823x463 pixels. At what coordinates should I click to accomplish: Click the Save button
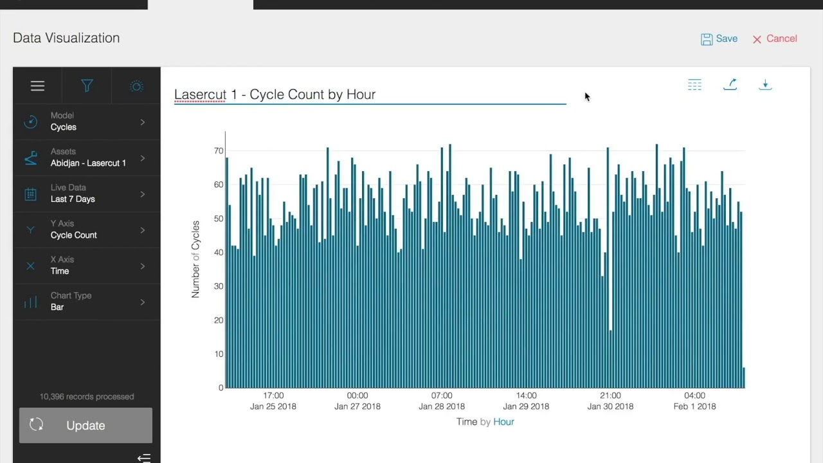[719, 39]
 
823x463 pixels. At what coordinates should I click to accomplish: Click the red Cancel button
[775, 39]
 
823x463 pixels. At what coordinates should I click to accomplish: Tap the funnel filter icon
[87, 86]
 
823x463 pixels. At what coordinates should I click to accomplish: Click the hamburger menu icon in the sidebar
[37, 86]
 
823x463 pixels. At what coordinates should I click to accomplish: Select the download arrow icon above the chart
[765, 84]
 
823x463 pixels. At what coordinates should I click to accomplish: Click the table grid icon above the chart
[694, 84]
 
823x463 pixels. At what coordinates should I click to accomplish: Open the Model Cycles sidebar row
[87, 122]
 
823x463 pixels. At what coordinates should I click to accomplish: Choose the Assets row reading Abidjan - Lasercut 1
[87, 158]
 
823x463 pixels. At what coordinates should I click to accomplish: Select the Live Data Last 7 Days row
[87, 194]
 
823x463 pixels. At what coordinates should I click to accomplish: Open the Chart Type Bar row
[87, 302]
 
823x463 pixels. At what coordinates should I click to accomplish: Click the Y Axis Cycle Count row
[87, 230]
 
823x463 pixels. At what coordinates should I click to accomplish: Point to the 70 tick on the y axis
[219, 151]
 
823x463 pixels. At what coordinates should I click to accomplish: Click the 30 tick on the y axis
[219, 286]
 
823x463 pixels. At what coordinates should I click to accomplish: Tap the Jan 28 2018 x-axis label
[442, 406]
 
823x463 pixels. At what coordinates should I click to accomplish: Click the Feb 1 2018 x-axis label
[694, 406]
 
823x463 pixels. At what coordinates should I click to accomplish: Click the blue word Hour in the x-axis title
[503, 422]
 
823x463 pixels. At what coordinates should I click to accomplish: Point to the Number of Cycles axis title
[195, 259]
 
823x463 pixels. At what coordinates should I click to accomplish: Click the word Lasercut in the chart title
[200, 95]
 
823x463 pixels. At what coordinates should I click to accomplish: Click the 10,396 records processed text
[87, 397]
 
